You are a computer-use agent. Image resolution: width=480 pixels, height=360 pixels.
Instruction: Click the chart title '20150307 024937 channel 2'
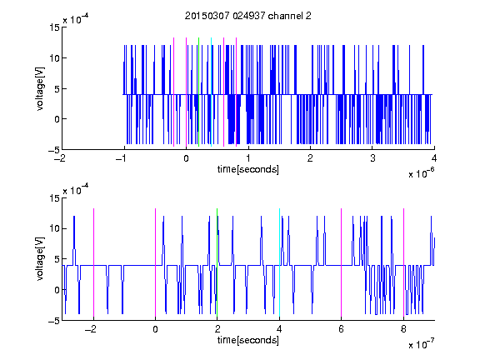tap(248, 16)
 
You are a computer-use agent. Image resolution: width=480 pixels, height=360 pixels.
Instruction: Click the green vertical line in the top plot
tap(198, 92)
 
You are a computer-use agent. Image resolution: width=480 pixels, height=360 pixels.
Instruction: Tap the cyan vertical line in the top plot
tap(211, 92)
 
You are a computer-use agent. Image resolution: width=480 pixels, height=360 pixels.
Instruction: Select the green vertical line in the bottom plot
tap(217, 262)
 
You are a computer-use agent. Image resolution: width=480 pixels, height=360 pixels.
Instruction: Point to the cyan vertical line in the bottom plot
tap(279, 262)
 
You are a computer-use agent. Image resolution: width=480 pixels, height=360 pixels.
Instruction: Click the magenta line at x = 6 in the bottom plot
tap(342, 262)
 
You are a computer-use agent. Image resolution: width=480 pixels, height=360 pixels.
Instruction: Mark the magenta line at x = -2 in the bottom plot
tap(93, 262)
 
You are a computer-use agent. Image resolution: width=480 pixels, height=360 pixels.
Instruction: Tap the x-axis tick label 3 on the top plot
tap(372, 158)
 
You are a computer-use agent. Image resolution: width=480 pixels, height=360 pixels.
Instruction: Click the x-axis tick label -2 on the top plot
tap(59, 158)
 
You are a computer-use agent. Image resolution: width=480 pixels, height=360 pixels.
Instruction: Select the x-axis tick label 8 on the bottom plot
tap(403, 329)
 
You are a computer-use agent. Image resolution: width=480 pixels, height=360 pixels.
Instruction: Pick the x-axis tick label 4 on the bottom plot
tap(279, 329)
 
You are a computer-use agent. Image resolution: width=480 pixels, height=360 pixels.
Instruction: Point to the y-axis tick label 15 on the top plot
tap(54, 27)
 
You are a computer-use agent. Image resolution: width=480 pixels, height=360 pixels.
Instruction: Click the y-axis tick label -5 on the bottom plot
tap(54, 321)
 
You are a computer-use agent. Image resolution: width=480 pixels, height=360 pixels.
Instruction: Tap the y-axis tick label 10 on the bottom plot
tap(54, 228)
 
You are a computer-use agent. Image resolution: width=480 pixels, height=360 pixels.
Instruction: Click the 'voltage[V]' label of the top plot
tap(40, 89)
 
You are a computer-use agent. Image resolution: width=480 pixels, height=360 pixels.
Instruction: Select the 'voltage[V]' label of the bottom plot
tap(40, 259)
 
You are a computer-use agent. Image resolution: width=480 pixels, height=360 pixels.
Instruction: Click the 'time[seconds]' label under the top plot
tap(248, 169)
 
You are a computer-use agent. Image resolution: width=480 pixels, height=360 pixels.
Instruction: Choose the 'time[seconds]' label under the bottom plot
tap(248, 340)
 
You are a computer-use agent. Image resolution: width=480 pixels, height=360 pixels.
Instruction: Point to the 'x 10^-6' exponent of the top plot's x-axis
tap(421, 173)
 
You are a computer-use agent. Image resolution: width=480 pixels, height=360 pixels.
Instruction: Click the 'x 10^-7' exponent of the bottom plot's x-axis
tap(421, 344)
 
